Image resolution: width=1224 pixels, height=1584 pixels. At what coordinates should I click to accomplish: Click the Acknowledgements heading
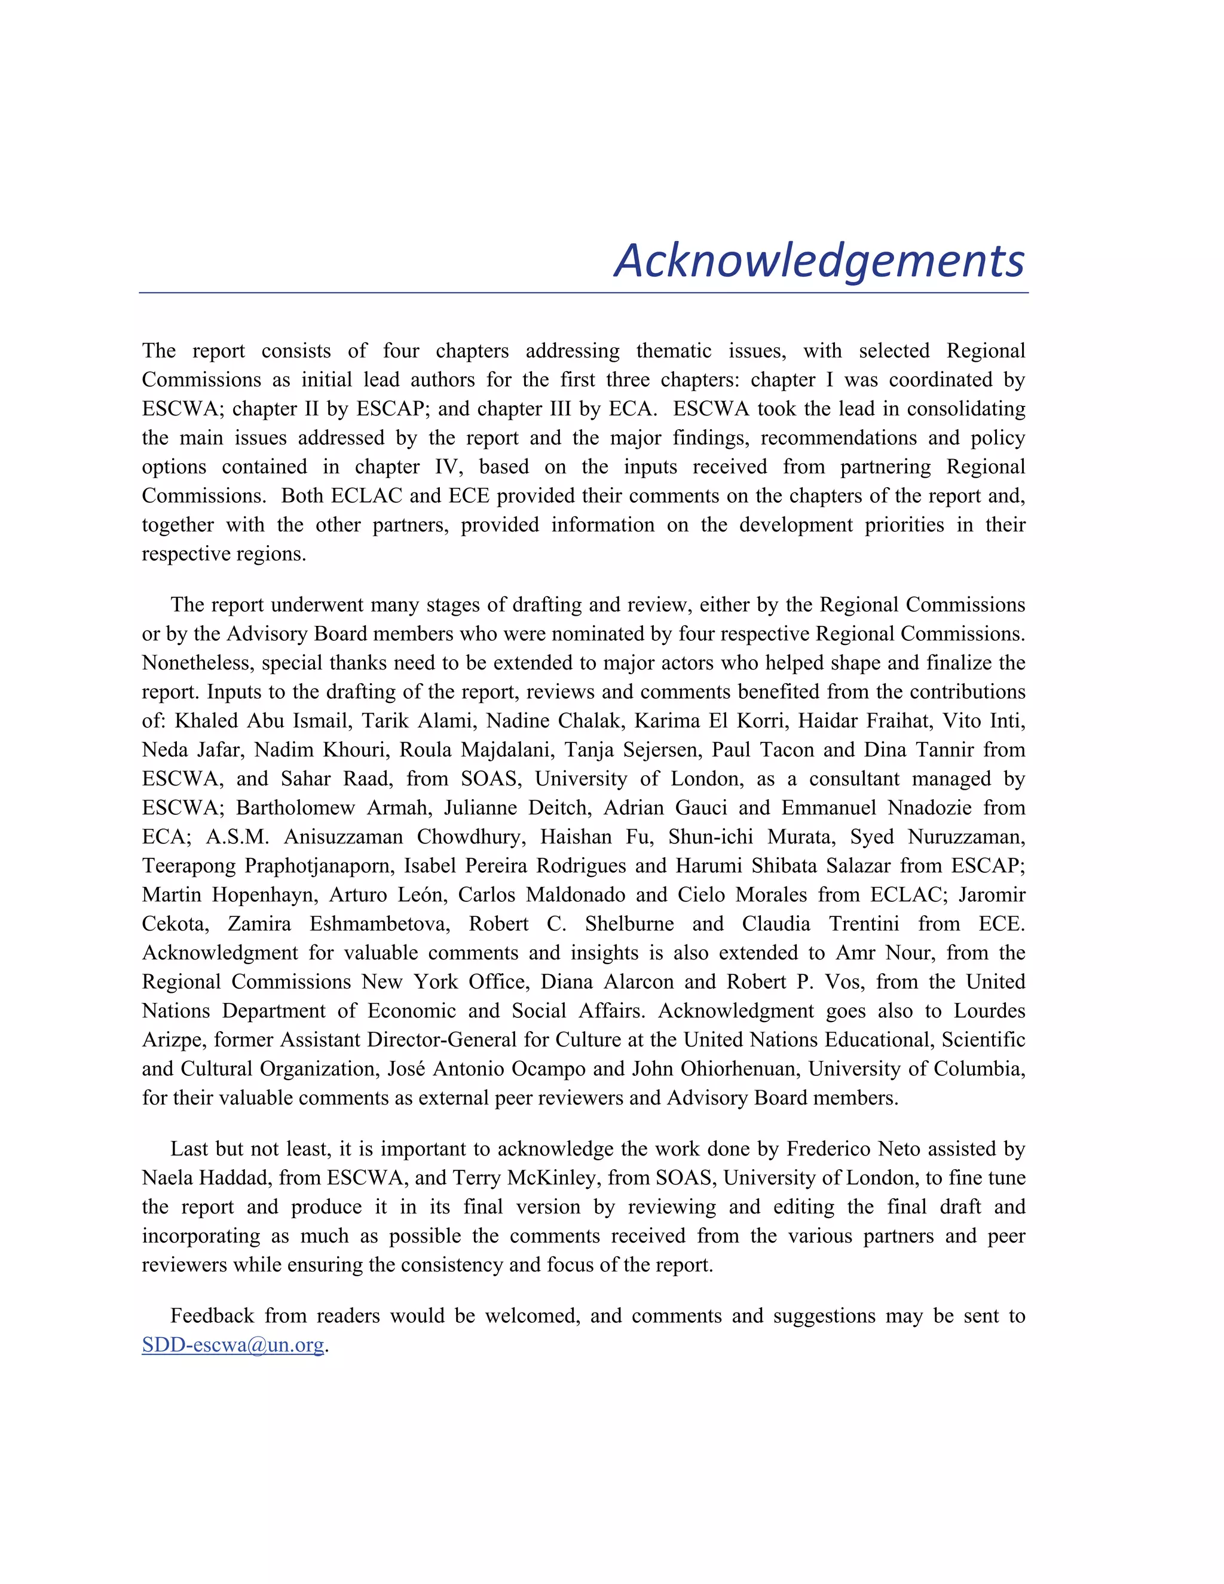pyautogui.click(x=819, y=261)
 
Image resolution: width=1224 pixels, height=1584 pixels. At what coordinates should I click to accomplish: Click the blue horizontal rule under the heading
pyautogui.click(x=584, y=293)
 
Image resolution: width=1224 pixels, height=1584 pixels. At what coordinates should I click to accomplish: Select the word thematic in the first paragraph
pyautogui.click(x=674, y=351)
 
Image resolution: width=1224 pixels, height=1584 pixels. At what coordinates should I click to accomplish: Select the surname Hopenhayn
pyautogui.click(x=265, y=895)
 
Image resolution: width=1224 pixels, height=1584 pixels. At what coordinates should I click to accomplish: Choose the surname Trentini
pyautogui.click(x=858, y=924)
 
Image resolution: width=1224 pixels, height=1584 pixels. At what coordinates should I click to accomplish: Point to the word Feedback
pyautogui.click(x=212, y=1316)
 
